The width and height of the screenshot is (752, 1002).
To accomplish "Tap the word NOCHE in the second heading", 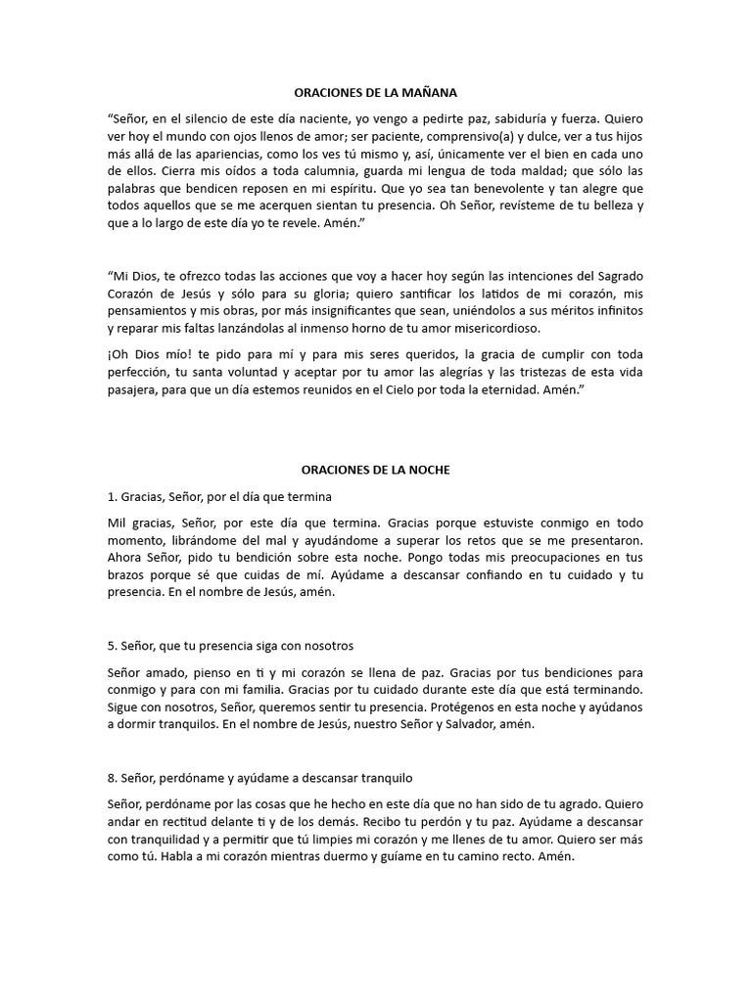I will (429, 470).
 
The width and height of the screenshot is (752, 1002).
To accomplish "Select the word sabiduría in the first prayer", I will (544, 117).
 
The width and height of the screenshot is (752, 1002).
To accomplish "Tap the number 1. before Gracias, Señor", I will (113, 496).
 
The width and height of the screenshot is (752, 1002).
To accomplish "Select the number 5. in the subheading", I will (113, 647).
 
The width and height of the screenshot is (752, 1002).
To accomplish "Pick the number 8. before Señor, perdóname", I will (113, 778).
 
